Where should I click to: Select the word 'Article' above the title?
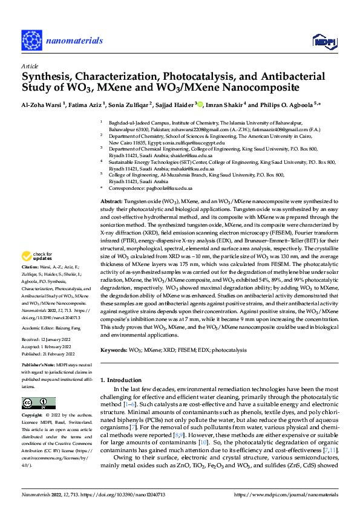pyautogui.click(x=30, y=65)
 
